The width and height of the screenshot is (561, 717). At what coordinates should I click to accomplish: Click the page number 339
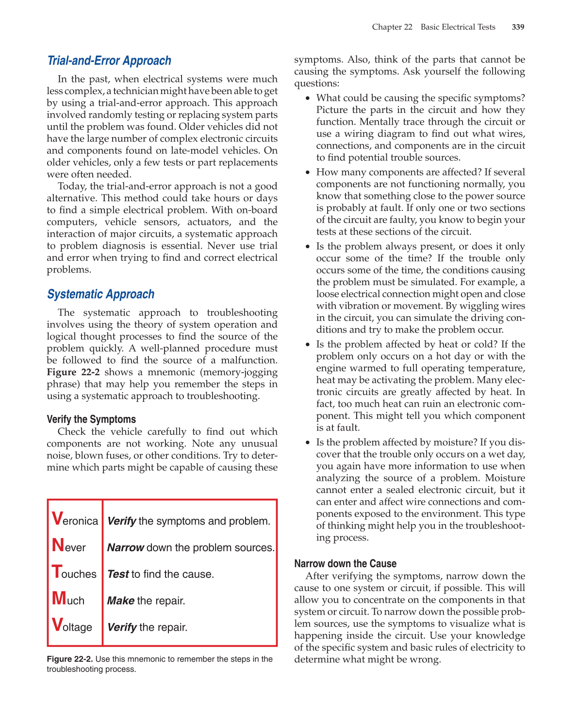(518, 27)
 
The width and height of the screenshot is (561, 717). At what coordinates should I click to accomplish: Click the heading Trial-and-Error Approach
(109, 61)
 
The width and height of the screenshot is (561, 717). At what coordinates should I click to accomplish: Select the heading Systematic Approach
(100, 294)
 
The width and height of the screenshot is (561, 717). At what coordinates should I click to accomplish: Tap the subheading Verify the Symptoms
(91, 419)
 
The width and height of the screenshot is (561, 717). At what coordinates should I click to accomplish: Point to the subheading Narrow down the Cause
(345, 563)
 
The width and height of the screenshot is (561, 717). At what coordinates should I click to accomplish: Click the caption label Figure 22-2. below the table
(70, 659)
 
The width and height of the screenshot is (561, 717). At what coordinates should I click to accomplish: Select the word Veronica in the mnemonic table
(75, 520)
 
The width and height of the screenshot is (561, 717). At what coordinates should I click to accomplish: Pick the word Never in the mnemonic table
(69, 546)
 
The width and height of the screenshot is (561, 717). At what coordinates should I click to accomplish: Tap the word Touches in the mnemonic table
(74, 573)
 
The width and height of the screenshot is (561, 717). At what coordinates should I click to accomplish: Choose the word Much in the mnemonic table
(68, 600)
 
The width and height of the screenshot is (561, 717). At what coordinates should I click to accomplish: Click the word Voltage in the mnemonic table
(72, 626)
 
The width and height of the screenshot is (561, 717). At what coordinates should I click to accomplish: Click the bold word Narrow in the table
(125, 547)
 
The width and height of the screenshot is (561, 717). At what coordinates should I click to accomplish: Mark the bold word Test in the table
(118, 574)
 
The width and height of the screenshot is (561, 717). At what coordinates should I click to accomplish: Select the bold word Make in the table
(120, 601)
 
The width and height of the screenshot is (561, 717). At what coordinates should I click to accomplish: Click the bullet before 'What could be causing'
(308, 98)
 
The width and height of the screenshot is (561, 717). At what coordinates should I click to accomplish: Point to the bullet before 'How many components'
(308, 173)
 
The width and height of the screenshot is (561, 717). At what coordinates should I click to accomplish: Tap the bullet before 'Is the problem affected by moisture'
(308, 443)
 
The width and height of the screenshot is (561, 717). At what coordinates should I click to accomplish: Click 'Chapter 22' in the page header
(392, 27)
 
